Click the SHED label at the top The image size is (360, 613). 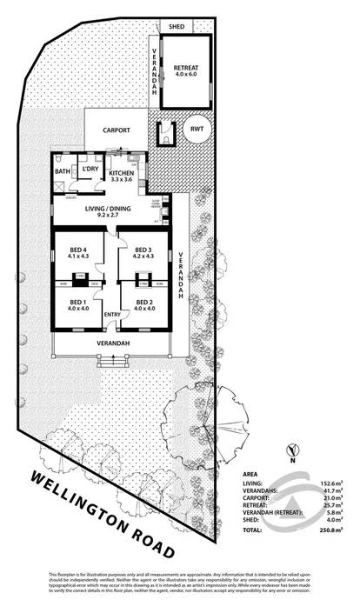click(x=177, y=28)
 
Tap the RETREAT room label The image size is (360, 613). click(x=185, y=68)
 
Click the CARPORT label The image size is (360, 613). click(x=117, y=130)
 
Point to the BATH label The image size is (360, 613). click(x=62, y=172)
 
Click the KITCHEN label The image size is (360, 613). click(x=122, y=173)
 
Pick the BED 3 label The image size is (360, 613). click(x=143, y=252)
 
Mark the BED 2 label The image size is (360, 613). click(x=143, y=303)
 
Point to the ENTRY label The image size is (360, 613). click(x=112, y=314)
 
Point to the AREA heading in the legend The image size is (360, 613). click(x=250, y=476)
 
